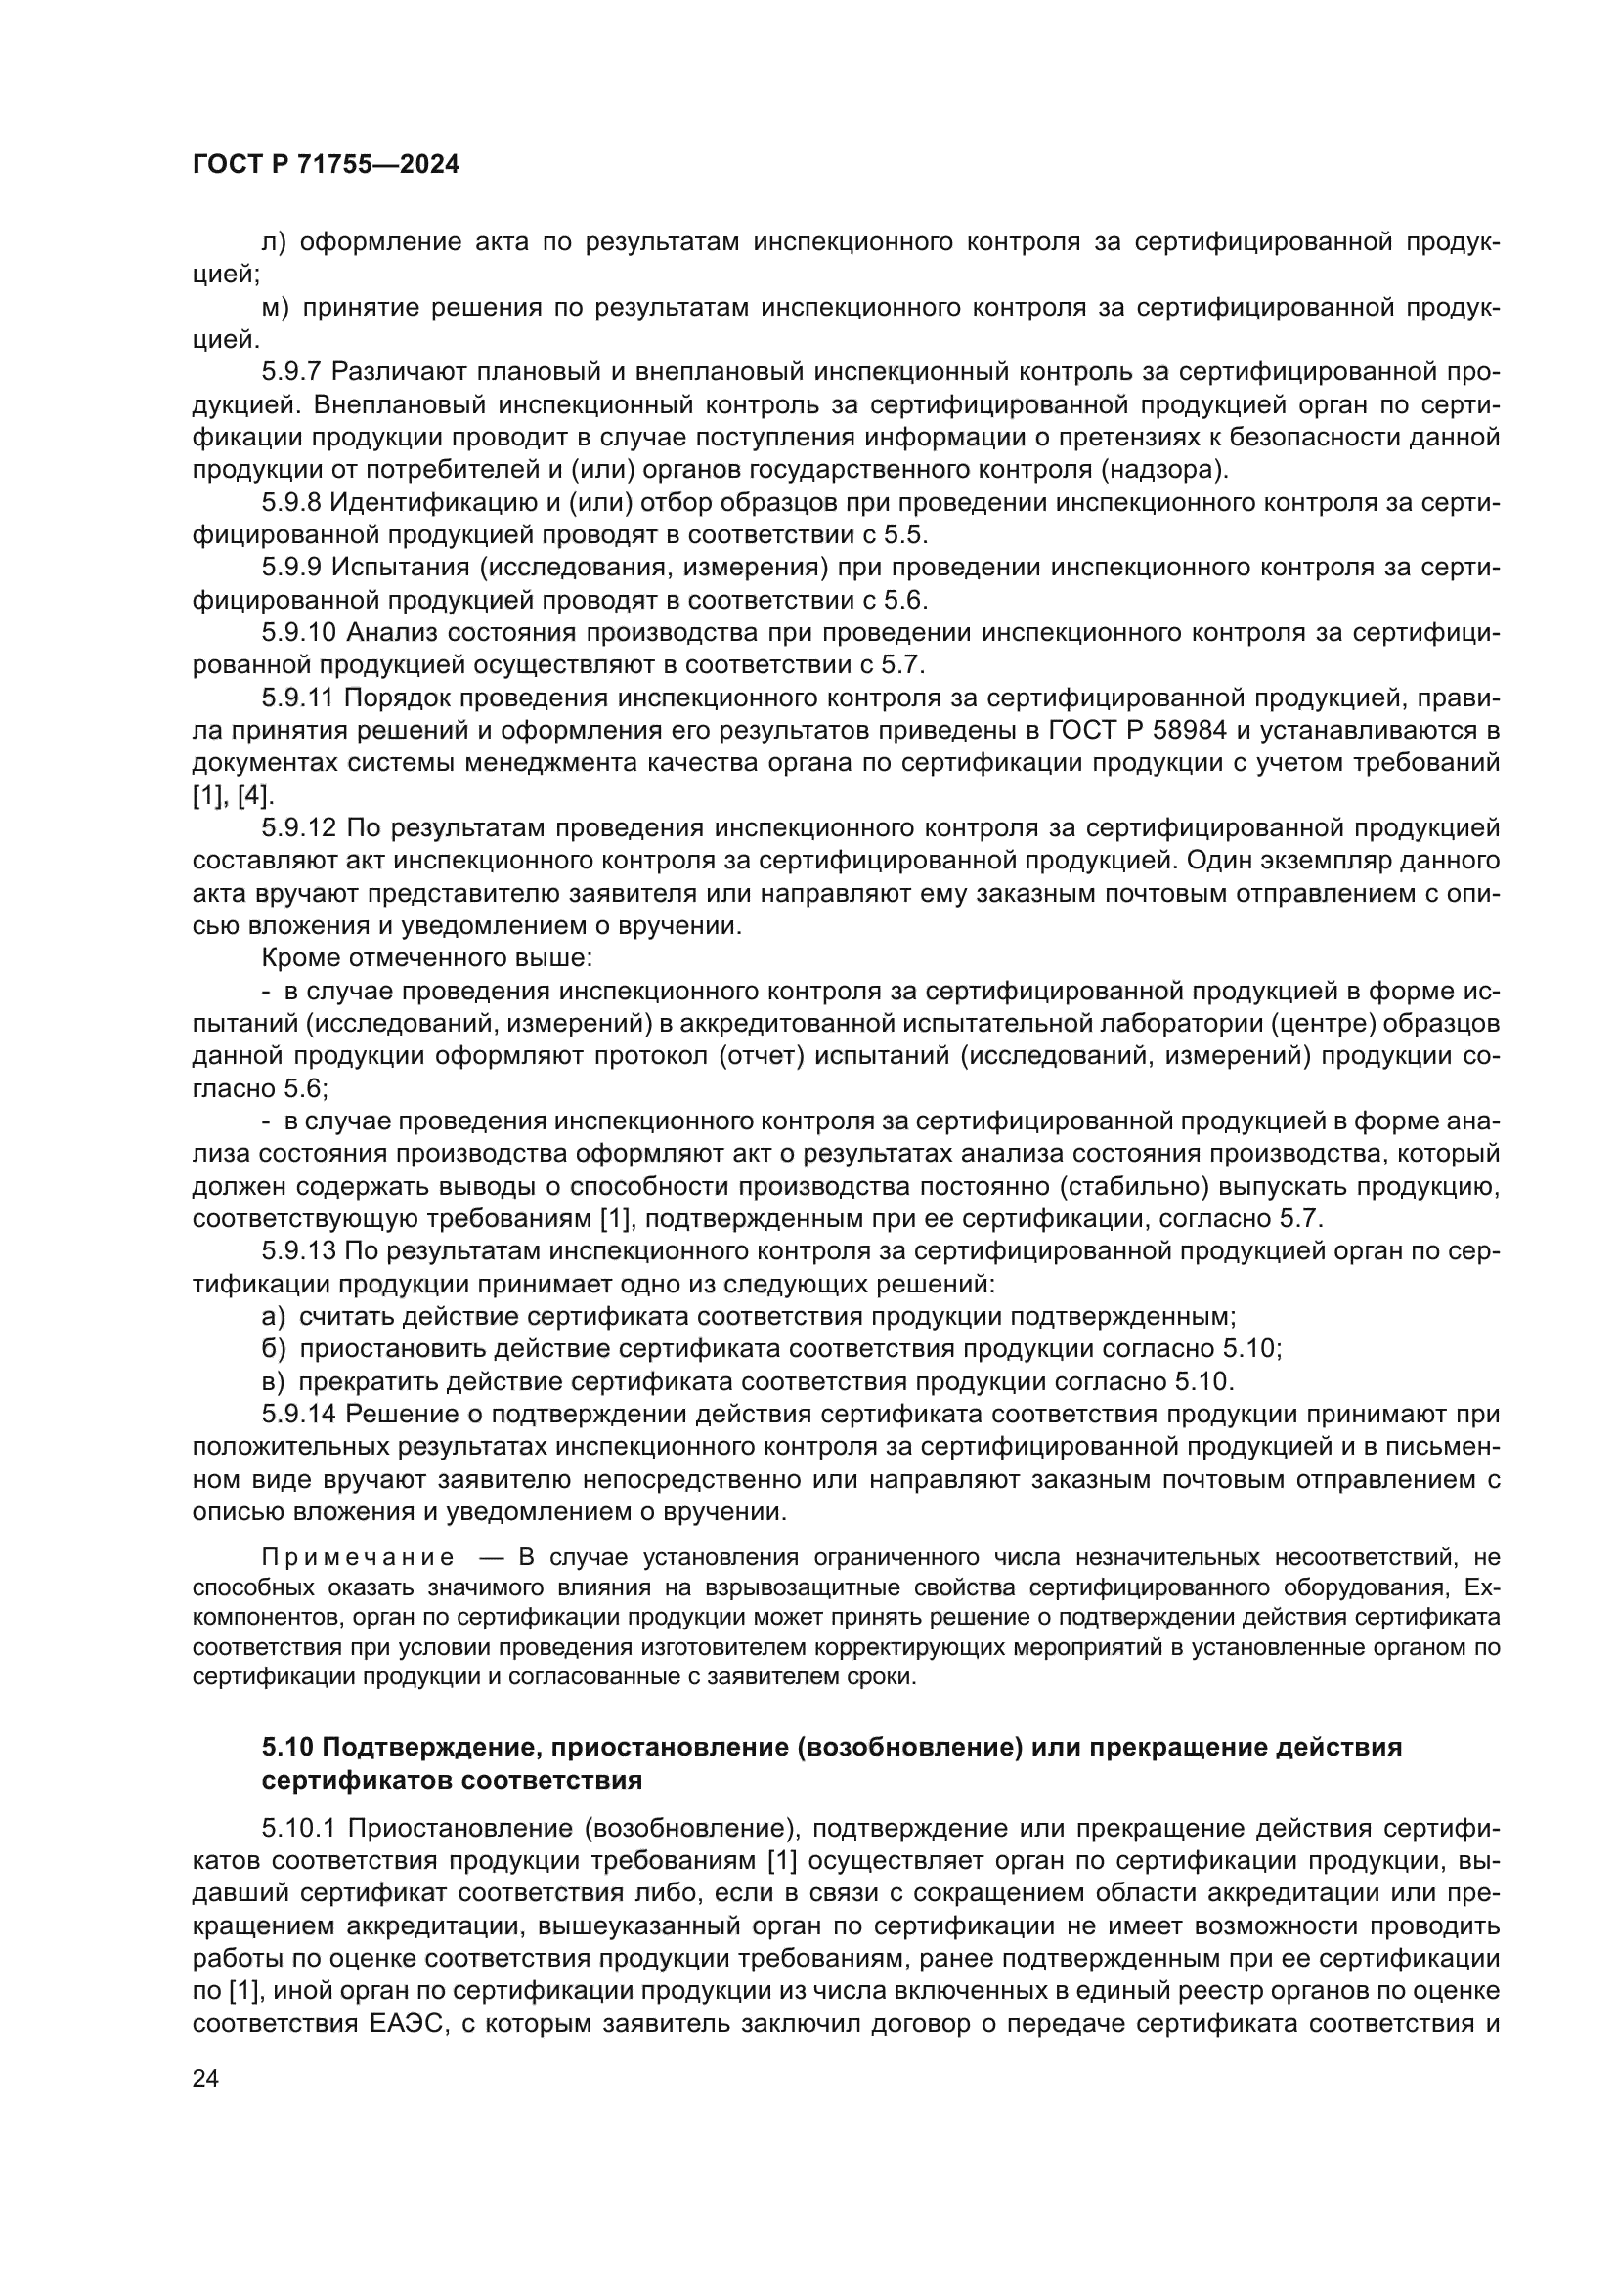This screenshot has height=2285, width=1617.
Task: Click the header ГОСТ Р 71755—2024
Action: [x=326, y=165]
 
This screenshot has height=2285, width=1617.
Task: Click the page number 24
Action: [x=205, y=2078]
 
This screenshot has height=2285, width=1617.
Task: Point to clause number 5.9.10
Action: [x=298, y=633]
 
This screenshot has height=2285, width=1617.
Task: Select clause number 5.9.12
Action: [x=298, y=828]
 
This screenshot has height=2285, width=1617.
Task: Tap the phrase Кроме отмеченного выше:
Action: [x=427, y=958]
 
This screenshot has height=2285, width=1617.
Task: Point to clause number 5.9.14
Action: [x=298, y=1415]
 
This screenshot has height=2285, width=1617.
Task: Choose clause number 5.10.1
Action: [x=298, y=1828]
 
